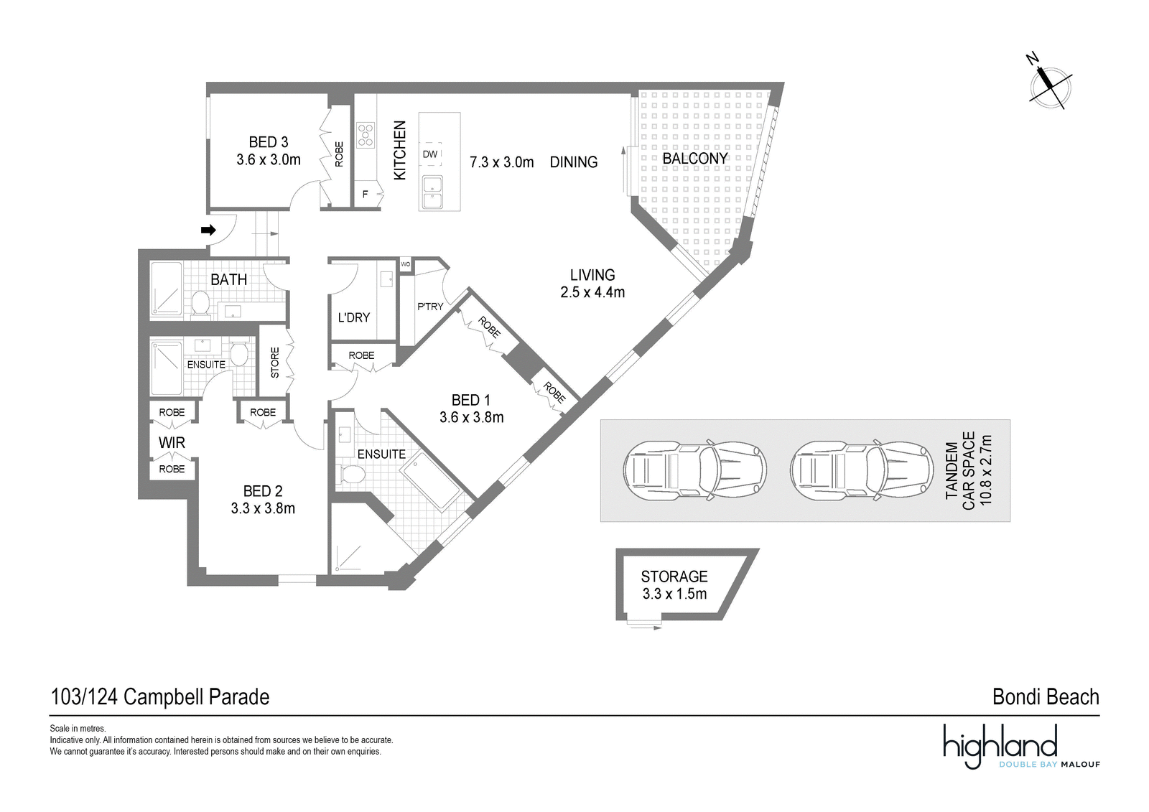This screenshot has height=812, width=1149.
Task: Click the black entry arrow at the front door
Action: (x=208, y=230)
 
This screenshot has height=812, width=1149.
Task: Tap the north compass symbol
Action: (x=1049, y=88)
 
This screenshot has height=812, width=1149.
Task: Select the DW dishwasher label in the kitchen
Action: (x=430, y=154)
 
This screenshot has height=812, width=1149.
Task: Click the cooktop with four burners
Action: (x=366, y=135)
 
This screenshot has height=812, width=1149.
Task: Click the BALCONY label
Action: (x=694, y=159)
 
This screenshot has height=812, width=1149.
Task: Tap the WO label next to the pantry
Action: (x=405, y=264)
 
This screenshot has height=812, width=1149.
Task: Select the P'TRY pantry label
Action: (x=430, y=307)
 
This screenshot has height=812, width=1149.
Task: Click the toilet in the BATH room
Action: (x=200, y=303)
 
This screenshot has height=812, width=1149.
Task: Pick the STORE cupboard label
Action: (x=275, y=363)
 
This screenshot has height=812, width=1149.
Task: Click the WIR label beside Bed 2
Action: (x=172, y=443)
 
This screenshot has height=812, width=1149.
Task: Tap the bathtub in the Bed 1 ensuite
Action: (x=430, y=480)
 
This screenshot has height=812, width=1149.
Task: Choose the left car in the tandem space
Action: (x=694, y=470)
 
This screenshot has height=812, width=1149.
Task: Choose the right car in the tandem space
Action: (x=862, y=470)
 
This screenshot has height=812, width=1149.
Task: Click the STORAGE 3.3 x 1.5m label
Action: (x=674, y=584)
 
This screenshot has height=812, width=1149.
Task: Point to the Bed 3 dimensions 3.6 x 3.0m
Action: (x=269, y=159)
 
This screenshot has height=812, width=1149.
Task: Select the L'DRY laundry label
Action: (x=353, y=317)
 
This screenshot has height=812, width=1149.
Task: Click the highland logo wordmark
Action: (x=1000, y=746)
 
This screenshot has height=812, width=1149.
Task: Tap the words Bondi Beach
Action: (x=1046, y=697)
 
